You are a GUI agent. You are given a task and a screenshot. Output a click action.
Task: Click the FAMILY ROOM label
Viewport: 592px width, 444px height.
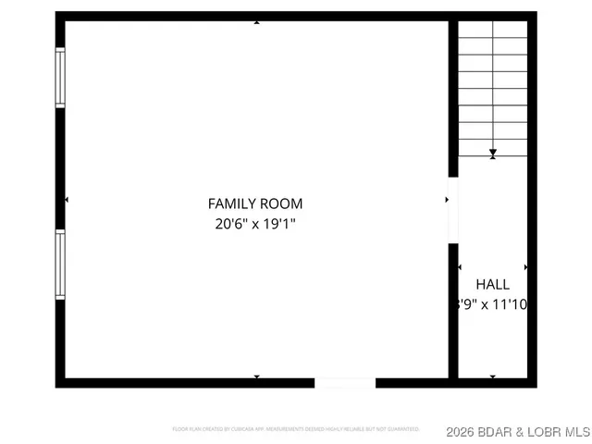click(x=255, y=203)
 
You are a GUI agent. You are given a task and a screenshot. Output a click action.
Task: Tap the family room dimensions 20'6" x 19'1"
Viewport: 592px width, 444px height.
click(x=255, y=224)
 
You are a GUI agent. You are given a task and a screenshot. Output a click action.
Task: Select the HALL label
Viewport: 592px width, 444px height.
click(x=492, y=285)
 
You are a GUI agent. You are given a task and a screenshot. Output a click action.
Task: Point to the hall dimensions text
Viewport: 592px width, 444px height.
click(x=492, y=303)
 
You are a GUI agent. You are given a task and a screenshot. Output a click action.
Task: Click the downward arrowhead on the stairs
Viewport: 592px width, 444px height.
click(x=493, y=154)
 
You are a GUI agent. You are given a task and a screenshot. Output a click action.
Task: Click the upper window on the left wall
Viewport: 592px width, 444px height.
click(x=60, y=78)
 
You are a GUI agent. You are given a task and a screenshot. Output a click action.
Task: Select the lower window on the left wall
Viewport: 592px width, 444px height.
click(x=60, y=264)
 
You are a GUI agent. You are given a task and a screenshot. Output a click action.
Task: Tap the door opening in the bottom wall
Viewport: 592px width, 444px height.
click(x=345, y=382)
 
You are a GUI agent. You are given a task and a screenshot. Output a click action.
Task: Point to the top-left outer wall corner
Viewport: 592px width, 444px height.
click(x=60, y=17)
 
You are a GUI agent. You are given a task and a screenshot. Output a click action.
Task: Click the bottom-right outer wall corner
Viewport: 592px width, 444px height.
click(x=532, y=382)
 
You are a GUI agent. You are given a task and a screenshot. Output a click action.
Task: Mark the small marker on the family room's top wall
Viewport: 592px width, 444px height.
click(x=256, y=22)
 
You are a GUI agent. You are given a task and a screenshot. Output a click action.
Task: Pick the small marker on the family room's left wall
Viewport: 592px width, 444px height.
click(x=67, y=200)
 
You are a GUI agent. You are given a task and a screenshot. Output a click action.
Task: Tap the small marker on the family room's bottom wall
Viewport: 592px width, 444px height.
click(x=256, y=376)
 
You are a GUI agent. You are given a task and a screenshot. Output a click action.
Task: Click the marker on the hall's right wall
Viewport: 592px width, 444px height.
click(x=526, y=267)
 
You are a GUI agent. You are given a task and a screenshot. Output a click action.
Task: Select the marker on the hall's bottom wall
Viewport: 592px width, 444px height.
click(x=493, y=376)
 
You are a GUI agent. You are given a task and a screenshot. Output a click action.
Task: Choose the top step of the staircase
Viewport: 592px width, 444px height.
click(x=493, y=31)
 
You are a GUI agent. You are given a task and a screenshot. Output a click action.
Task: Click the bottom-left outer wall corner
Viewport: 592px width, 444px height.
click(x=60, y=382)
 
